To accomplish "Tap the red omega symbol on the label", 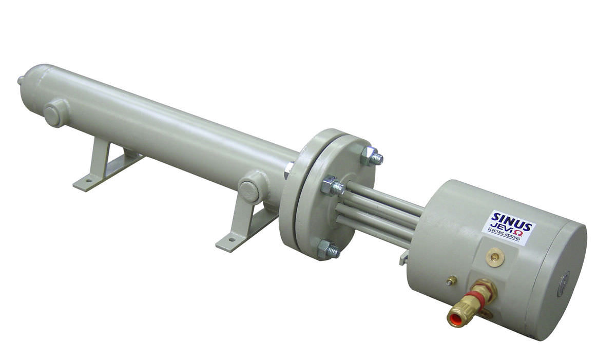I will click(x=519, y=233).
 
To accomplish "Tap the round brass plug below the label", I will click(x=495, y=257).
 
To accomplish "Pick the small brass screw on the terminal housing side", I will click(x=451, y=280).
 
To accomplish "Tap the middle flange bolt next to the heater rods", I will click(x=333, y=186).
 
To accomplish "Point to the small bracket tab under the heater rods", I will click(x=403, y=257).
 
